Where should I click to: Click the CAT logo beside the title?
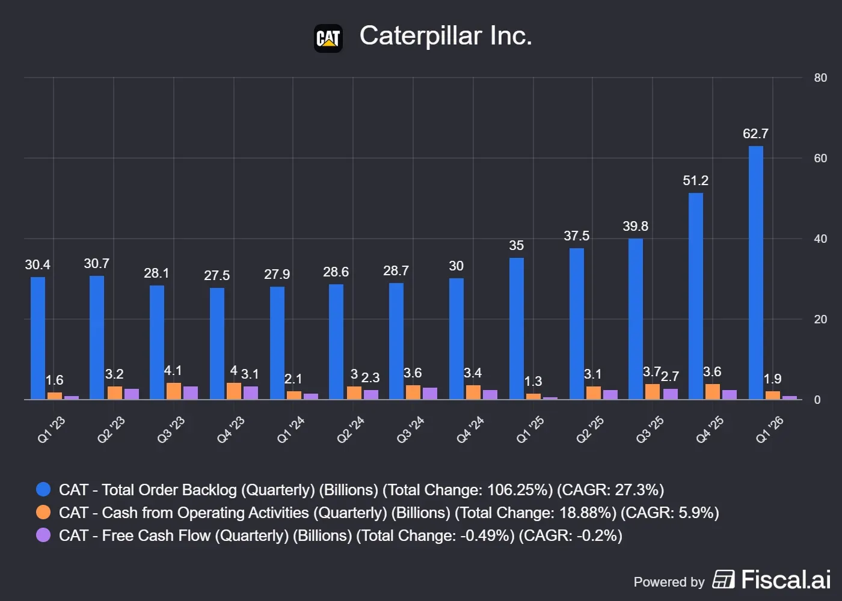tap(328, 38)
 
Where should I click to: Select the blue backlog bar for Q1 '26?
tap(756, 273)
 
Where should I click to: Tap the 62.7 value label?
tap(755, 133)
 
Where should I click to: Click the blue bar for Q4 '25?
tap(696, 296)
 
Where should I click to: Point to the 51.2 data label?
tap(695, 181)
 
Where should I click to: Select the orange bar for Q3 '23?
tap(174, 391)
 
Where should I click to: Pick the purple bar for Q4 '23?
tap(251, 393)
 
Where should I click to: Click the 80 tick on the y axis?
tap(820, 78)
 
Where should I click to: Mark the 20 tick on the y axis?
tap(820, 319)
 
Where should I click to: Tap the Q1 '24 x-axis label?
tap(290, 430)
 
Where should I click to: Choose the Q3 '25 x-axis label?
tap(650, 430)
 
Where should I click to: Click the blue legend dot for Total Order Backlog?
tap(43, 489)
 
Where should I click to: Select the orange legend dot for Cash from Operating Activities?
tap(43, 512)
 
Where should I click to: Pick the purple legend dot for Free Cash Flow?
tap(43, 535)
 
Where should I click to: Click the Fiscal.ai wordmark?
tap(785, 579)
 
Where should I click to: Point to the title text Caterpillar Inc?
tap(446, 36)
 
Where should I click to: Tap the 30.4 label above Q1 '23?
tap(37, 265)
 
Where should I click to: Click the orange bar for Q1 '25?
tap(533, 397)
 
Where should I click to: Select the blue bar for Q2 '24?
tap(336, 342)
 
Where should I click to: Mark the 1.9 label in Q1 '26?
tap(772, 379)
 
